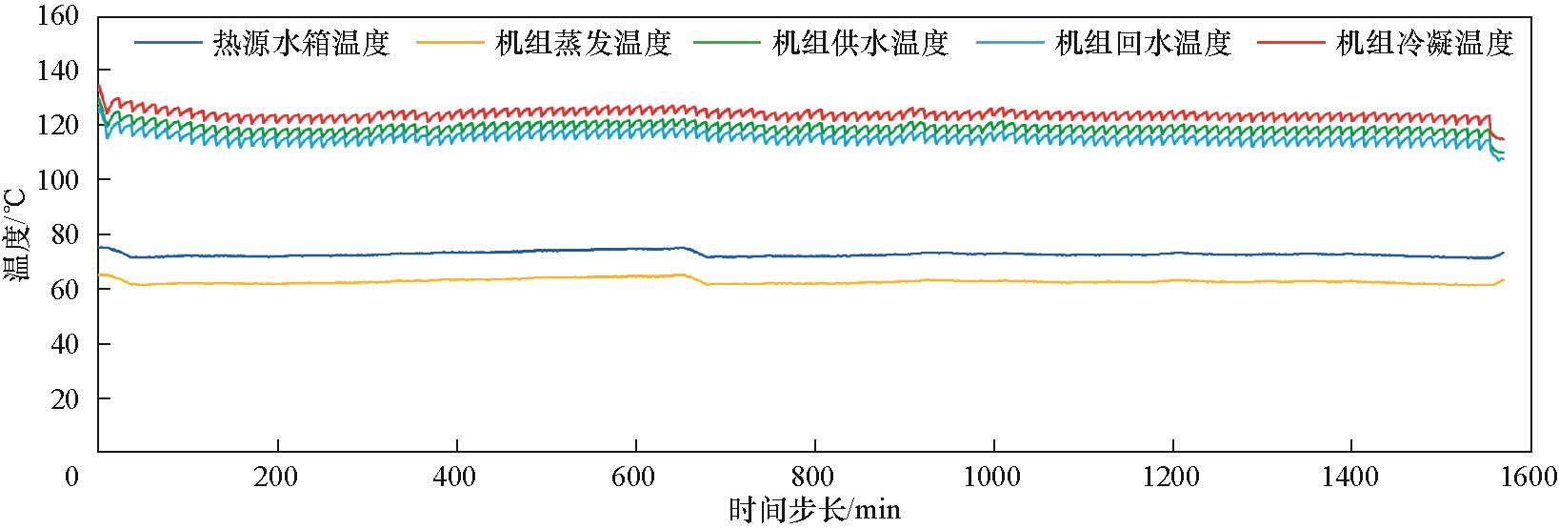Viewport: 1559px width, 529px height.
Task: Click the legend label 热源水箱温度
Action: click(301, 43)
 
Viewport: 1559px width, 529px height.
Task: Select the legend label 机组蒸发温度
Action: click(583, 43)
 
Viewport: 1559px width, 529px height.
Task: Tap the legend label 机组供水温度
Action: click(861, 43)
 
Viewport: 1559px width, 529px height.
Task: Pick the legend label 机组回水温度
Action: click(1143, 43)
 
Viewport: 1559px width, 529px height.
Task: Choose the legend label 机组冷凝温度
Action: click(1425, 43)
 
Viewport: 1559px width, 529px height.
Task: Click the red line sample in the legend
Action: click(1290, 43)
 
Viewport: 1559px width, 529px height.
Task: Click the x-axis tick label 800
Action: click(814, 476)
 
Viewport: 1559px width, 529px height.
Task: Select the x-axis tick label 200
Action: click(277, 476)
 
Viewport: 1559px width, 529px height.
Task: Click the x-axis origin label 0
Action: click(72, 476)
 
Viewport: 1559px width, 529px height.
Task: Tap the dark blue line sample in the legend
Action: click(168, 43)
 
